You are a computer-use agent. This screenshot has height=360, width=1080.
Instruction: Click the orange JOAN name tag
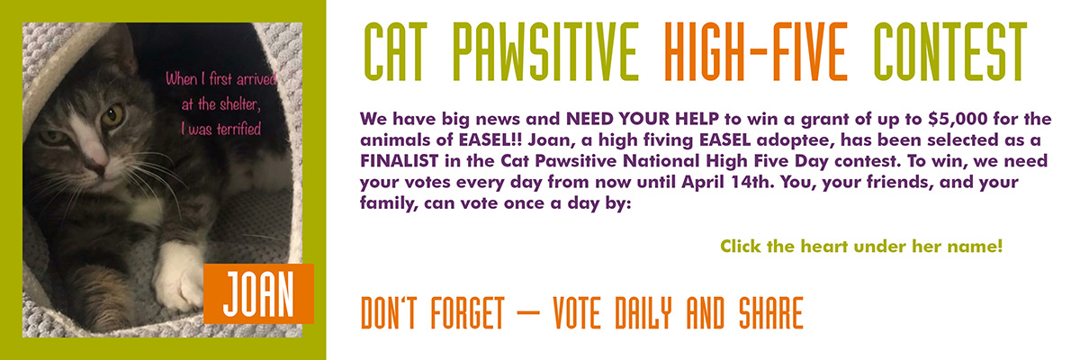[x=258, y=293]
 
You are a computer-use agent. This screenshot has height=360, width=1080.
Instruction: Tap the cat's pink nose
[x=99, y=168]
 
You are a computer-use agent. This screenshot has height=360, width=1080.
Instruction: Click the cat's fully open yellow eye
[x=112, y=116]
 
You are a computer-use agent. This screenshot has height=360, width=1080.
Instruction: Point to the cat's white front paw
[x=178, y=277]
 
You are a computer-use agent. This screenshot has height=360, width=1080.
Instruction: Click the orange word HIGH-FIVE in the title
[x=755, y=51]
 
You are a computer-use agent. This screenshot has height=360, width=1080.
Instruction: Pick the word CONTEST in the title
[x=949, y=51]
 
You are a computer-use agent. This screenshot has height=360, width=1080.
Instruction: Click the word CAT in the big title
[x=395, y=51]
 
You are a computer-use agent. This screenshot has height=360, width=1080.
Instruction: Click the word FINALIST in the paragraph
[x=400, y=161]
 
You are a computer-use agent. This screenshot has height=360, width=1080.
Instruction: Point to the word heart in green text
[x=826, y=247]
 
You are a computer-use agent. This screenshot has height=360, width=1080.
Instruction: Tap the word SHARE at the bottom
[x=771, y=313]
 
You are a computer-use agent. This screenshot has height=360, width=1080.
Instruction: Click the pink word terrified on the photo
[x=238, y=130]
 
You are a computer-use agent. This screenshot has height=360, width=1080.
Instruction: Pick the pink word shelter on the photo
[x=240, y=104]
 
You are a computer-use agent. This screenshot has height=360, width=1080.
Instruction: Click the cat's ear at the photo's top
[x=123, y=49]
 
